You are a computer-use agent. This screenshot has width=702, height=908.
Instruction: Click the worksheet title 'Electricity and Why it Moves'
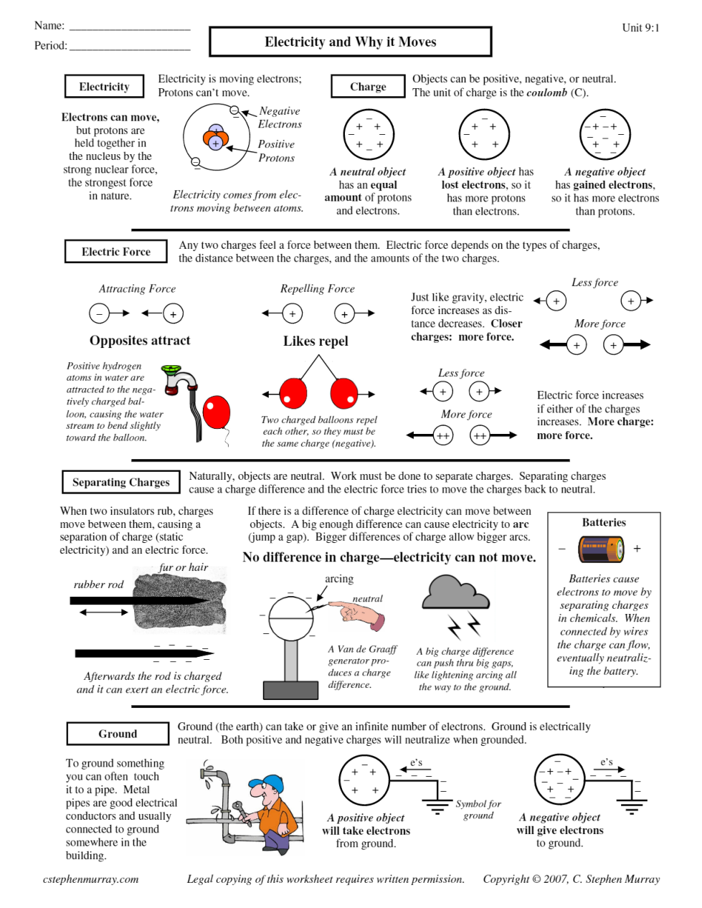350,42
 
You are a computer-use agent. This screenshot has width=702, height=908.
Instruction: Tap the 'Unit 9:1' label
640,28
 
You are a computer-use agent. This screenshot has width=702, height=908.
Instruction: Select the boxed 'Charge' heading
368,87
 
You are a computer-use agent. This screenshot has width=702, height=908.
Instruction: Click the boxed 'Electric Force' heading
115,252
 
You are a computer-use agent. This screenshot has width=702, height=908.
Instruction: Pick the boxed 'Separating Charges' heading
120,482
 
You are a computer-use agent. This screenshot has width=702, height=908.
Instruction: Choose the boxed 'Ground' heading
118,734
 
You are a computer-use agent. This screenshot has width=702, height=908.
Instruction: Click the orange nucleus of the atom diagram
215,137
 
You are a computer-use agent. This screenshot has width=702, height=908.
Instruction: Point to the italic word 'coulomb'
546,93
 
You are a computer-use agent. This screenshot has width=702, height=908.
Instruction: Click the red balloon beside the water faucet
216,412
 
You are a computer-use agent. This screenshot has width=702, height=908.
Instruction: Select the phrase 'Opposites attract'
140,341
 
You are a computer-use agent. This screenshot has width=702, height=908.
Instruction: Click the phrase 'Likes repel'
316,341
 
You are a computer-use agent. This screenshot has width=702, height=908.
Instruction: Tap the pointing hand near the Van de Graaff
359,613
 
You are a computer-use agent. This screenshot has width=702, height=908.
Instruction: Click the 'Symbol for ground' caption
478,810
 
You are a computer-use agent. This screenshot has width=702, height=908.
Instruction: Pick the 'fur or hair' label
184,567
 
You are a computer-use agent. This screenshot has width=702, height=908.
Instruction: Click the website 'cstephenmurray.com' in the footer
90,879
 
